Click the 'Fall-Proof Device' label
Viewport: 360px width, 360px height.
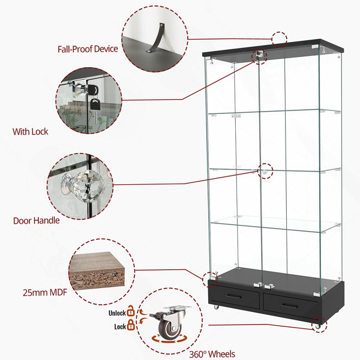pyautogui.click(x=88, y=49)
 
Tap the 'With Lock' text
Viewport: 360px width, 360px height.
pyautogui.click(x=31, y=131)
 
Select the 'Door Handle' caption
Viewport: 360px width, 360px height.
pyautogui.click(x=36, y=221)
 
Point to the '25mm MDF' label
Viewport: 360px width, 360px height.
pyautogui.click(x=45, y=293)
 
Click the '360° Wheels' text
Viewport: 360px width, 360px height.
pyautogui.click(x=212, y=354)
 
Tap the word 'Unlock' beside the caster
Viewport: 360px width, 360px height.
pyautogui.click(x=117, y=313)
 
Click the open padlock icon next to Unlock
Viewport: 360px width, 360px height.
pyautogui.click(x=131, y=311)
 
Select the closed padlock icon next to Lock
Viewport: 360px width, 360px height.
pyautogui.click(x=131, y=325)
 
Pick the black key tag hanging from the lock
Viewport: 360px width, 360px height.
pyautogui.click(x=95, y=104)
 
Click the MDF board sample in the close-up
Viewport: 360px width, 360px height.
pyautogui.click(x=97, y=271)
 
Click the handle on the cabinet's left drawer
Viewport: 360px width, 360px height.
pyautogui.click(x=234, y=296)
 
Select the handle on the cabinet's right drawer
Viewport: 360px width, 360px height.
pyautogui.click(x=290, y=305)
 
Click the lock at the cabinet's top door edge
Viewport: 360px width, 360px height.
pyautogui.click(x=259, y=54)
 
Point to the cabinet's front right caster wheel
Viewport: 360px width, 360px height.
pyautogui.click(x=318, y=326)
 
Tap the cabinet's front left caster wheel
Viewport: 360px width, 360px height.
pyautogui.click(x=216, y=307)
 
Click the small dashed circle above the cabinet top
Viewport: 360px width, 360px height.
pyautogui.click(x=279, y=39)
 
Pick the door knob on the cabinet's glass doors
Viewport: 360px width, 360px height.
pyautogui.click(x=264, y=171)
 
